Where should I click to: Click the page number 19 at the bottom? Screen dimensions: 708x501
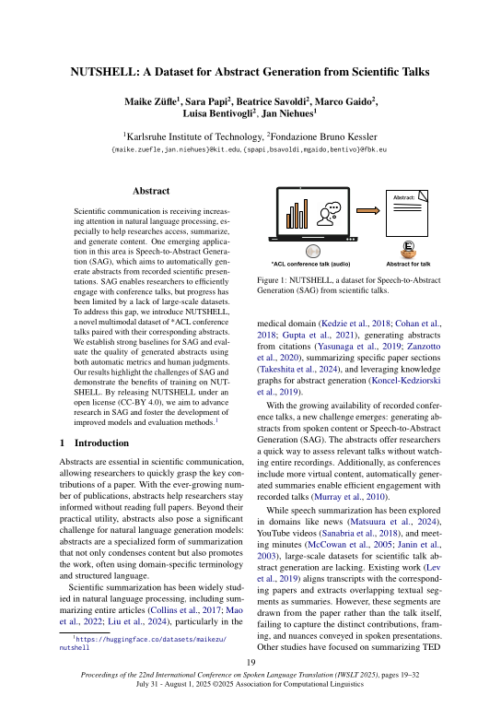click(250, 662)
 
